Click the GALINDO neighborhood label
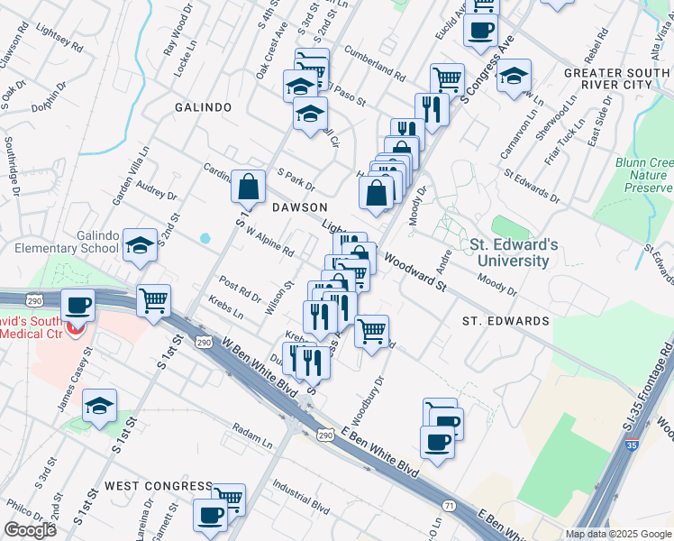click(x=203, y=107)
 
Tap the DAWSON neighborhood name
click(x=299, y=206)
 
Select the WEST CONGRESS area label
click(x=159, y=486)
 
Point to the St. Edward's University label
click(x=514, y=252)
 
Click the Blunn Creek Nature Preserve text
click(x=647, y=175)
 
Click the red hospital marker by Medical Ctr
click(x=77, y=329)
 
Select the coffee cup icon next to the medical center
click(x=78, y=305)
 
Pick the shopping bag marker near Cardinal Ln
click(x=248, y=188)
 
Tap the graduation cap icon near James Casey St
click(x=100, y=406)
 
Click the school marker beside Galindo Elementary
click(x=140, y=245)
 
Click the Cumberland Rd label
click(x=374, y=62)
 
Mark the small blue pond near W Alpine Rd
click(x=205, y=239)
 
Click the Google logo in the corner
click(x=30, y=530)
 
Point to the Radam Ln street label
click(x=251, y=431)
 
